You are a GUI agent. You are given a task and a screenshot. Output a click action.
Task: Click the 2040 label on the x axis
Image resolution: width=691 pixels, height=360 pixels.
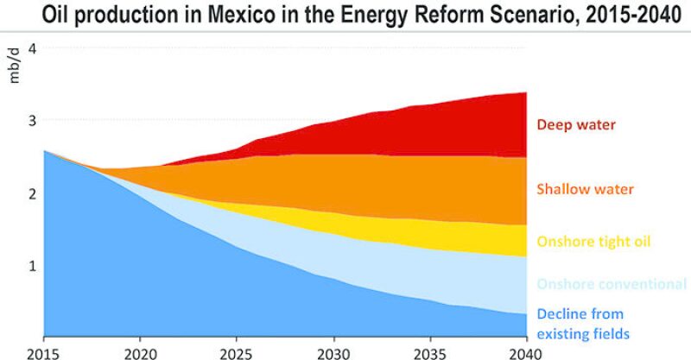point(524,351)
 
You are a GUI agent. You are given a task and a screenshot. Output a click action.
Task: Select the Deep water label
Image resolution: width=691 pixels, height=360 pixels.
point(576,125)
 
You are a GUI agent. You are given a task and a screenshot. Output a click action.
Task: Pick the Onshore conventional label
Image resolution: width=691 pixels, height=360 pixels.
point(611,284)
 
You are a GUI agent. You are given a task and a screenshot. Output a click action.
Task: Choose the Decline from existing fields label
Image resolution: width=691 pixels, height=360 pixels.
point(580,321)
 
